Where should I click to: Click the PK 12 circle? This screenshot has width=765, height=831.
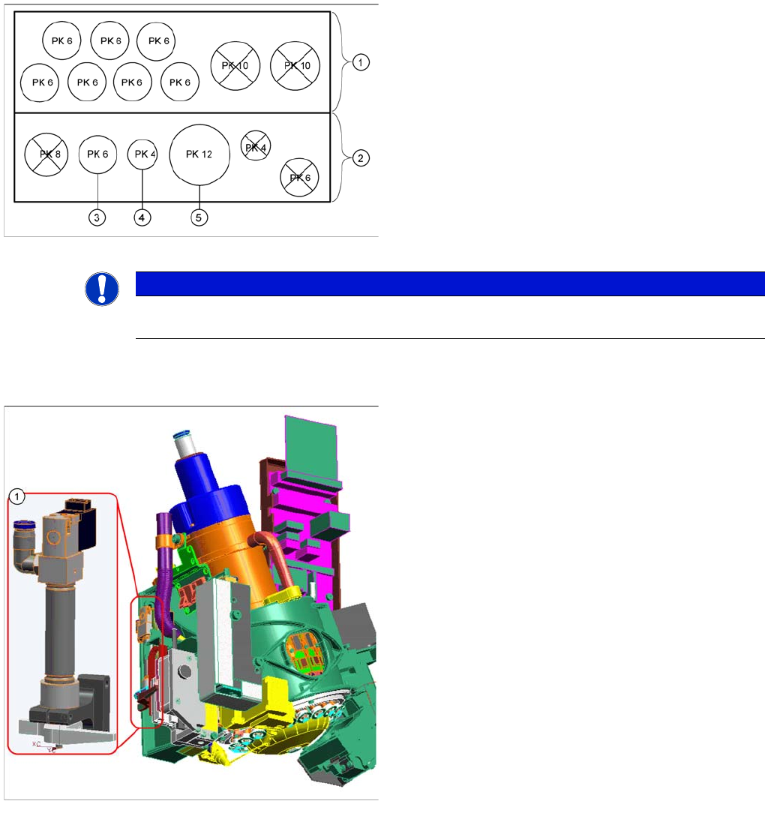click(x=199, y=154)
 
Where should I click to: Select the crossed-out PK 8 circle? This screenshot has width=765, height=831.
click(x=46, y=154)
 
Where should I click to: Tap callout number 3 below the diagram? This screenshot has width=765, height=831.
click(x=97, y=217)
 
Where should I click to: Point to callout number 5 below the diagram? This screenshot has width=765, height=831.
click(x=199, y=217)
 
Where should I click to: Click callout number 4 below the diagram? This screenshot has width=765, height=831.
click(x=142, y=217)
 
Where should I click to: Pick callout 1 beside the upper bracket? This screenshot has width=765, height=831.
click(x=361, y=62)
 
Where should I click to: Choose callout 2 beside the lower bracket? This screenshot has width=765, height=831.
click(x=361, y=158)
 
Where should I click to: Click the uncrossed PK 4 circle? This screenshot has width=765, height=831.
click(x=142, y=154)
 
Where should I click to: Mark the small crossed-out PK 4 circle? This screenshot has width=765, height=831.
click(x=256, y=145)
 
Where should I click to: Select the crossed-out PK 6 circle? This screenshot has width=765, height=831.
click(x=299, y=177)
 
